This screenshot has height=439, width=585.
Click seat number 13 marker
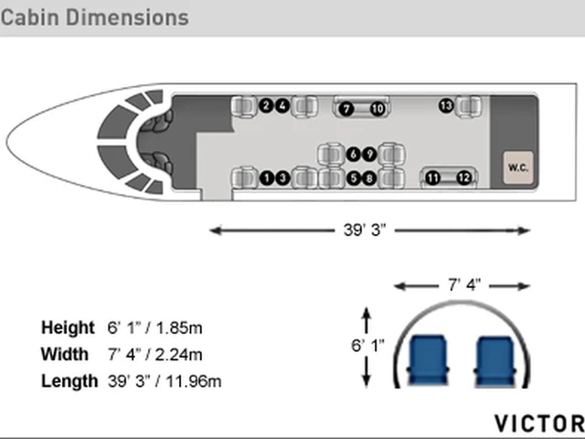(446, 106)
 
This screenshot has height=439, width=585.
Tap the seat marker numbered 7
(346, 109)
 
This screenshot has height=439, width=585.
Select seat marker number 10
(378, 109)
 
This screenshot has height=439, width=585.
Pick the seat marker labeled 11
(432, 178)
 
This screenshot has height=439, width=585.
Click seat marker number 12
(464, 178)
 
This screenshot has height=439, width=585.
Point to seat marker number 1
(267, 178)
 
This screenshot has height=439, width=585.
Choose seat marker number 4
(282, 106)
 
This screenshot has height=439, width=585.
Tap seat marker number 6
(354, 155)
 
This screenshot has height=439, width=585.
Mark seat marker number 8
(369, 178)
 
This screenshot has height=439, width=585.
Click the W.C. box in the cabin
(518, 167)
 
